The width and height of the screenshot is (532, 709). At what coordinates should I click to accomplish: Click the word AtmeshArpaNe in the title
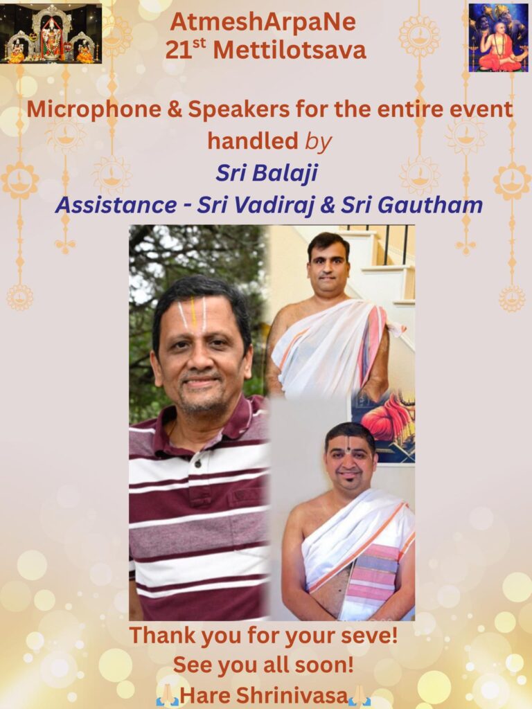(x=263, y=23)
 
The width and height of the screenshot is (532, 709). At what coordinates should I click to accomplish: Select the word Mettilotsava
(x=290, y=50)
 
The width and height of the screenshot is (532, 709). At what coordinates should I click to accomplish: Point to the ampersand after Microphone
(x=175, y=110)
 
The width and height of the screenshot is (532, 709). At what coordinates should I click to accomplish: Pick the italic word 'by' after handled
(x=319, y=142)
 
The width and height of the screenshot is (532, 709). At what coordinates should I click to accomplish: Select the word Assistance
(x=116, y=205)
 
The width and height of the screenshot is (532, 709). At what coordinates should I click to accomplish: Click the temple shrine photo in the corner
(x=51, y=33)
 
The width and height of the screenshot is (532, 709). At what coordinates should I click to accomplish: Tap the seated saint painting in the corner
(x=498, y=38)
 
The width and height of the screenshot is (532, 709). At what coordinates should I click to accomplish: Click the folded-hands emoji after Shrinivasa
(x=360, y=695)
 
